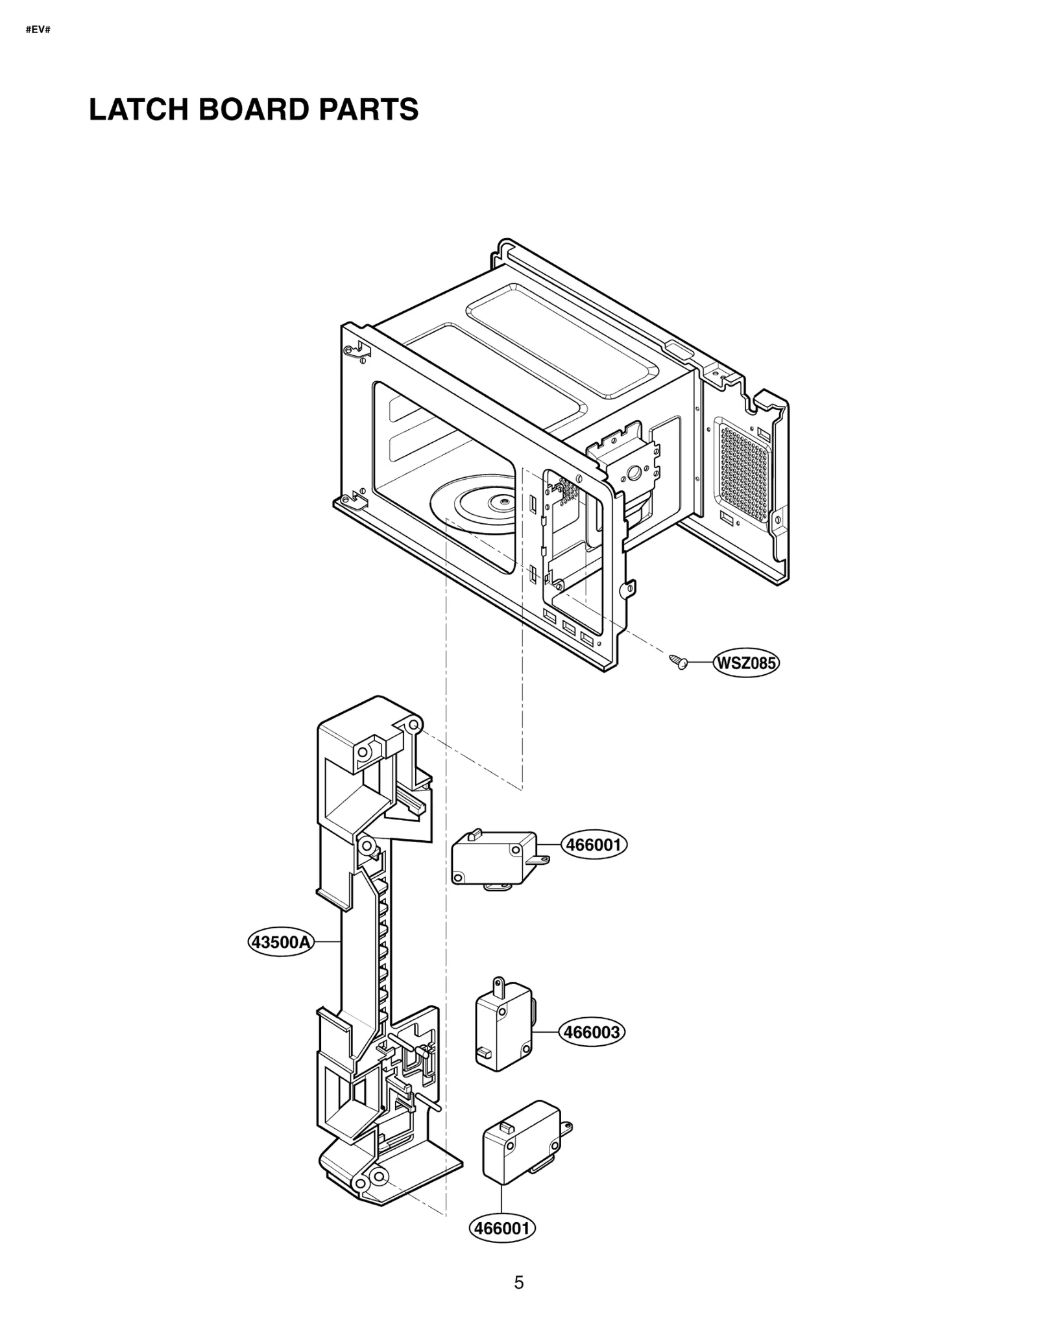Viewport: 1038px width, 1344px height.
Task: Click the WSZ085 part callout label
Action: [x=745, y=663]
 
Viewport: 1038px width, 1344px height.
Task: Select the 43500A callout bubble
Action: [x=281, y=941]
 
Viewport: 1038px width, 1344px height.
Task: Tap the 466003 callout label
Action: [x=592, y=1032]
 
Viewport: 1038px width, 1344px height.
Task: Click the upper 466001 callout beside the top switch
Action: [x=594, y=845]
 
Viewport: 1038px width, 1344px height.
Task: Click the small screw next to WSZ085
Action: [x=679, y=661]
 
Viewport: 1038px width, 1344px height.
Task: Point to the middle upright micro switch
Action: [x=503, y=1026]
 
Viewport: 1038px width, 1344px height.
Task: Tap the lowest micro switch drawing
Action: [x=520, y=1141]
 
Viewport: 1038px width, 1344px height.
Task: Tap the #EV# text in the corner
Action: [x=38, y=30]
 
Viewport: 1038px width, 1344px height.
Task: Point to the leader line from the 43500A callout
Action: [x=327, y=941]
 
